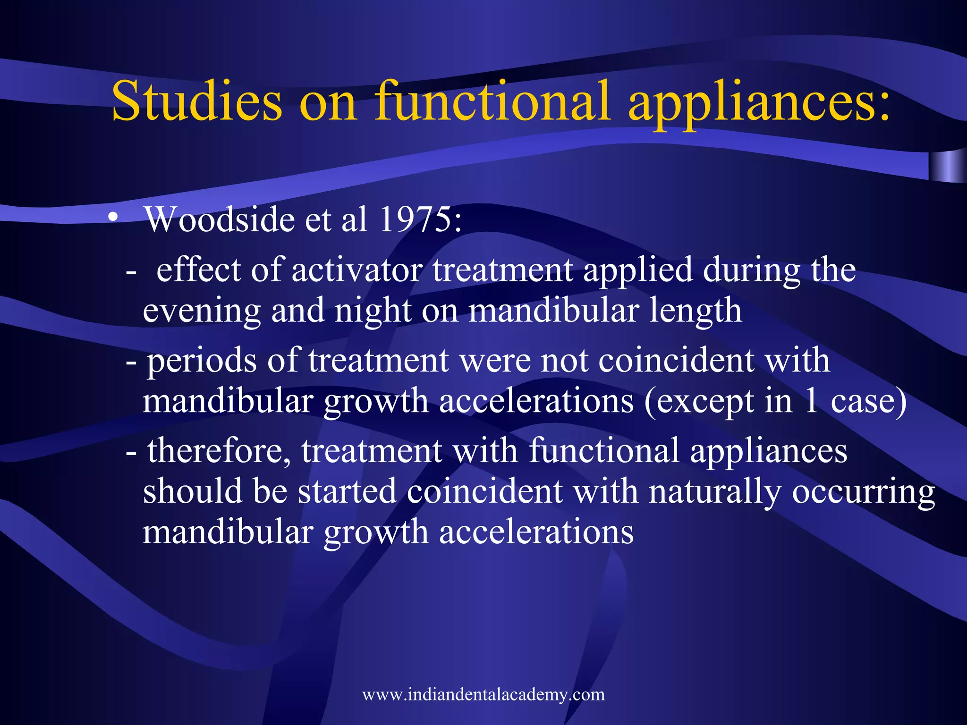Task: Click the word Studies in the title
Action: [x=196, y=101]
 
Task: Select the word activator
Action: [x=357, y=270]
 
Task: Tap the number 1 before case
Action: [x=811, y=402]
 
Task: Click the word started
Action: [x=347, y=491]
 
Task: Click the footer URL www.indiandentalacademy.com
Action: [x=483, y=695]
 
